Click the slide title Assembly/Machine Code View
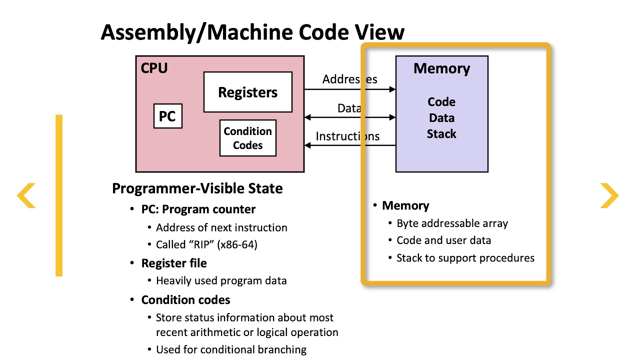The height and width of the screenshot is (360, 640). [x=252, y=32]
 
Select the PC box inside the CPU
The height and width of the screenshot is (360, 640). [x=167, y=116]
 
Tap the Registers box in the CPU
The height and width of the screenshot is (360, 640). [x=247, y=92]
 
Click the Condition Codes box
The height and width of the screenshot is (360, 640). [x=247, y=138]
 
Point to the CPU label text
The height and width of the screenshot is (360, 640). [x=154, y=68]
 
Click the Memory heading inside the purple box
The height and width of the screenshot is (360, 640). [x=441, y=68]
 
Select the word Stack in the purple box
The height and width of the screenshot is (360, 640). [x=441, y=134]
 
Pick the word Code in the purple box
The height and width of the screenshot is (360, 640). [x=441, y=102]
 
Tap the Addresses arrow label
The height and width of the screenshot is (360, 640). [x=349, y=79]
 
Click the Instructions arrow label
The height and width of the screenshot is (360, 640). [x=347, y=136]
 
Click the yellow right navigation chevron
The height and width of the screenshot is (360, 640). [x=609, y=195]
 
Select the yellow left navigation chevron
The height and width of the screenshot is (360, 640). [x=26, y=195]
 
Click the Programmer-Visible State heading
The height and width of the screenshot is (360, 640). [x=197, y=188]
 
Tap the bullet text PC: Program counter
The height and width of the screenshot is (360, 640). [x=198, y=209]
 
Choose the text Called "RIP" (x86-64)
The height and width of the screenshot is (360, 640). [x=206, y=245]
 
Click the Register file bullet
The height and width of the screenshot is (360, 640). [x=173, y=263]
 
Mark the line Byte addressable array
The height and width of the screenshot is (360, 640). [x=452, y=223]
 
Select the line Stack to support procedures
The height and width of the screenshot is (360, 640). [x=465, y=258]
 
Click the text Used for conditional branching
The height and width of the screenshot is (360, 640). [x=231, y=349]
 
